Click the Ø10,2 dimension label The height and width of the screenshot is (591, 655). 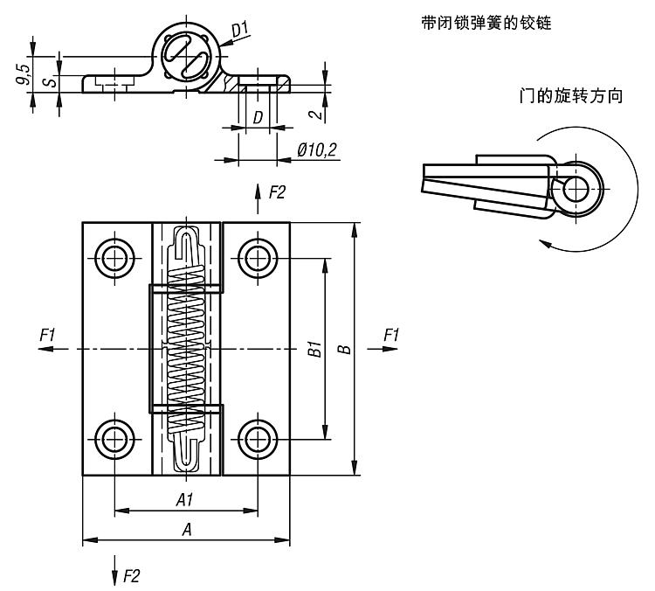tap(317, 149)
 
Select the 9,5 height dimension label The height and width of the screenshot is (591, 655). tap(24, 74)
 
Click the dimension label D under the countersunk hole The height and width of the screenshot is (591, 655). tap(259, 117)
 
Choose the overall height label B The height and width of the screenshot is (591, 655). tap(344, 349)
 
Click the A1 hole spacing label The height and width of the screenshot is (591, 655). tap(184, 499)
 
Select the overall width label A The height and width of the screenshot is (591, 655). tap(187, 530)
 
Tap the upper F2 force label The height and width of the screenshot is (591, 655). tap(277, 192)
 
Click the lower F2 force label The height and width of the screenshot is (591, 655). tap(131, 576)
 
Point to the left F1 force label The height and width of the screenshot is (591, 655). tap(47, 335)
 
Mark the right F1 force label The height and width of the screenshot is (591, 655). tap(391, 335)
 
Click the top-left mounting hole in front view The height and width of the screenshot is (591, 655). tap(115, 259)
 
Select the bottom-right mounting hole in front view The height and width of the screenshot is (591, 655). tap(258, 439)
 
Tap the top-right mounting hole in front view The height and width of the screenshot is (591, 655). tap(258, 259)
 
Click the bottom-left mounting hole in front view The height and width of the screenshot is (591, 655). tap(115, 439)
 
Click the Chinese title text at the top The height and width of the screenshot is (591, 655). tap(486, 23)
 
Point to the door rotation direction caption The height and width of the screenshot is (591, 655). tap(571, 96)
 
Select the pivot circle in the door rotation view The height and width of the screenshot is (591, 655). tap(576, 190)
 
